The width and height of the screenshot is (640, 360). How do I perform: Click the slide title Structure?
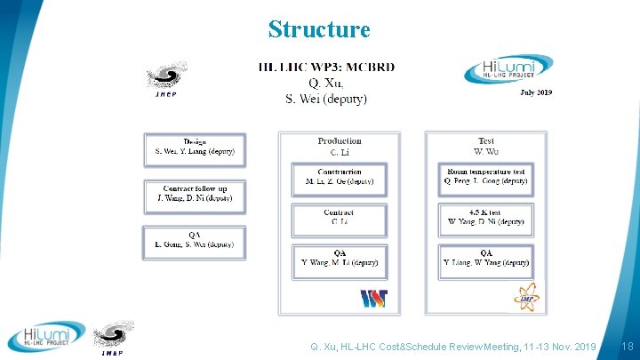318,29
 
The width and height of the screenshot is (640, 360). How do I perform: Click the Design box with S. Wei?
194,148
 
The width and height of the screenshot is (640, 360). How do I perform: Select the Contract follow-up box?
194,195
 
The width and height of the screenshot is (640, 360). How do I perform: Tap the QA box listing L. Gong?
194,241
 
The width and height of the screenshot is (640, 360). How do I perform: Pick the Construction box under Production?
339,177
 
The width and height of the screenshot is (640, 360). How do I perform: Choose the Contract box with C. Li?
339,219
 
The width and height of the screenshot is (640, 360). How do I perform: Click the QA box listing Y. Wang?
339,260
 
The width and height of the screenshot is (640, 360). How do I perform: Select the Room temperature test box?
485,177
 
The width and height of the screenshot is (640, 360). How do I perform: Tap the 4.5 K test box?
485,219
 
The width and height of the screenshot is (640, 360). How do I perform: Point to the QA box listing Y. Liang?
485,260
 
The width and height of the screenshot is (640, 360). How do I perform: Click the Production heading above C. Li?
339,140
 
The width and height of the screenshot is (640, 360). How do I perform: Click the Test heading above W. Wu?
485,140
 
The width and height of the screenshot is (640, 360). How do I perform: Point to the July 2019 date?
535,92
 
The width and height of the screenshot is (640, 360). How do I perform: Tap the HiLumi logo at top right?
507,69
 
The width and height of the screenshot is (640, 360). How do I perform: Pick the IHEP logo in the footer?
115,338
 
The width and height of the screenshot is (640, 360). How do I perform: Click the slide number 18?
627,346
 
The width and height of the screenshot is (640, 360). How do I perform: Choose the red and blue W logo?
373,298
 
